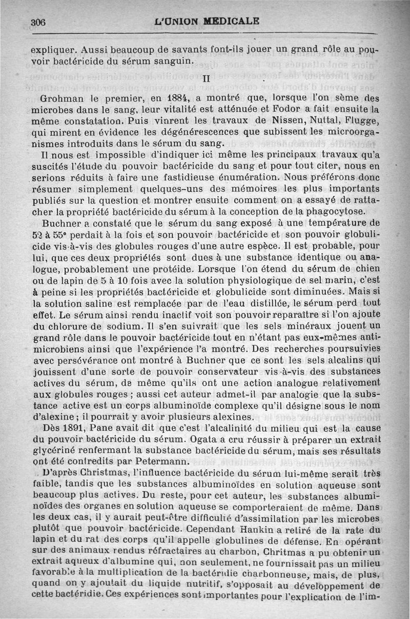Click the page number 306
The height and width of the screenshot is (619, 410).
click(x=38, y=23)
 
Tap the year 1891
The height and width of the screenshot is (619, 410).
click(x=77, y=428)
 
